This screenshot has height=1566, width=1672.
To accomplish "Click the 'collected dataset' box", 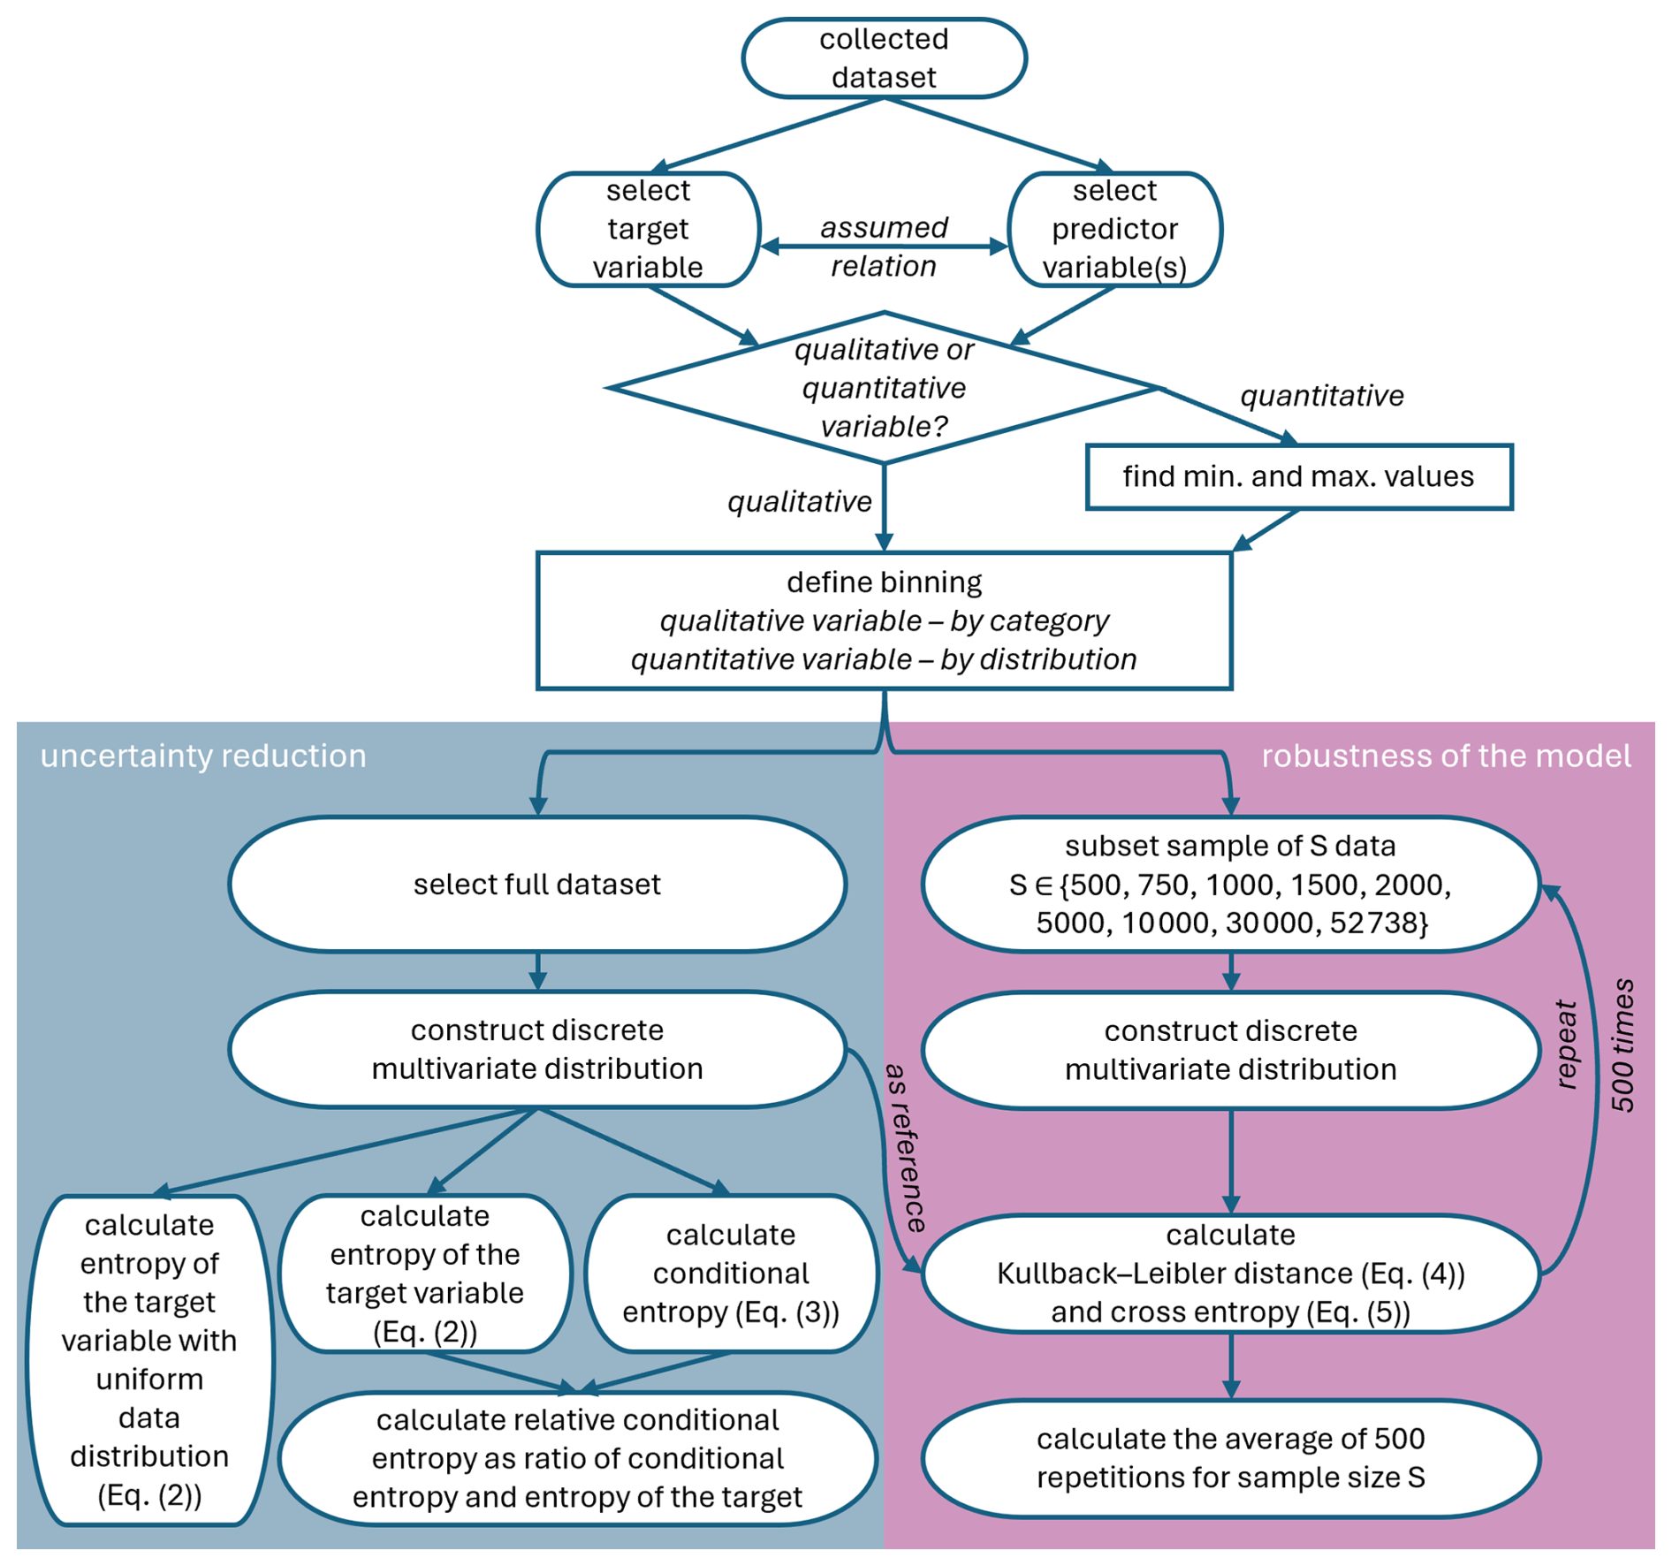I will [883, 58].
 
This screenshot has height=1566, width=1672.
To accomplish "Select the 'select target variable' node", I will [648, 229].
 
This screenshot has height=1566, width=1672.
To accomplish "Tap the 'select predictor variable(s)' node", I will [1114, 229].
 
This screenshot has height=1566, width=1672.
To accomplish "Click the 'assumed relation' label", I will [883, 247].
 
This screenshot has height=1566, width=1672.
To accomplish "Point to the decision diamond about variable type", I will [883, 388].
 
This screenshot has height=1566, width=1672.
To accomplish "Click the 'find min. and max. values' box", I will [1298, 477].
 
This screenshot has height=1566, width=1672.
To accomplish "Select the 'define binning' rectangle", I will [883, 620].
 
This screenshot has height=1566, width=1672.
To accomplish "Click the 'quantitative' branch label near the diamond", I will [1321, 396].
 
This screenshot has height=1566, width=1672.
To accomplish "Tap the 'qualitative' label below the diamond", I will [799, 502].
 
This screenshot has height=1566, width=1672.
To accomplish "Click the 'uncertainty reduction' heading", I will [203, 756].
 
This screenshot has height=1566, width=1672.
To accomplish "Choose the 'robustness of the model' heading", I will [1445, 756].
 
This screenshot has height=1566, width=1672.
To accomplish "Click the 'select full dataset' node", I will [537, 885].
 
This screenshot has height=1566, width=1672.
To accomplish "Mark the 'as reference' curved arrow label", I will [906, 1147].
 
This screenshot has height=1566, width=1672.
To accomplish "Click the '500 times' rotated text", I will [1623, 1045].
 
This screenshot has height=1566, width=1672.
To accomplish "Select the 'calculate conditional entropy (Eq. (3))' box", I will [731, 1273].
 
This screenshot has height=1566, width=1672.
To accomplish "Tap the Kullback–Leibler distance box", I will [1230, 1273].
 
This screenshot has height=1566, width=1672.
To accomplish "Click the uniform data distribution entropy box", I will [149, 1359].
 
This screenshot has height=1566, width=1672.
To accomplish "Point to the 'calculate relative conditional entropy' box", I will [577, 1458].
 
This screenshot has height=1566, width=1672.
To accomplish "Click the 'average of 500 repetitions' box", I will [1230, 1458].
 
